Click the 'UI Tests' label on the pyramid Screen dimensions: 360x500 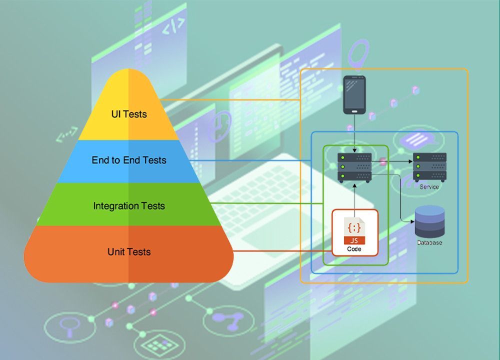(x=129, y=114)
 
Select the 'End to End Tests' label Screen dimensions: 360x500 (x=129, y=160)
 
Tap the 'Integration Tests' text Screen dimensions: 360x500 (x=129, y=205)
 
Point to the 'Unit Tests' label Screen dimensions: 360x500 (x=129, y=251)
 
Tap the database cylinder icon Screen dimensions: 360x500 (x=429, y=221)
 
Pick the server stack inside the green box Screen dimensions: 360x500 (x=354, y=167)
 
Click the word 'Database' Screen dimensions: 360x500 (x=429, y=242)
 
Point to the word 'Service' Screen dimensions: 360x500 (x=429, y=187)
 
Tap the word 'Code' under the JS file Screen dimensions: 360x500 (x=354, y=248)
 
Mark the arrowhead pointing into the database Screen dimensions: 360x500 (x=412, y=220)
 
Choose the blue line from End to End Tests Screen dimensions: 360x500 (x=250, y=160)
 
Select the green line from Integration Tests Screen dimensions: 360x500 (x=265, y=203)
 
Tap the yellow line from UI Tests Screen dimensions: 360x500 (x=235, y=99)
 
